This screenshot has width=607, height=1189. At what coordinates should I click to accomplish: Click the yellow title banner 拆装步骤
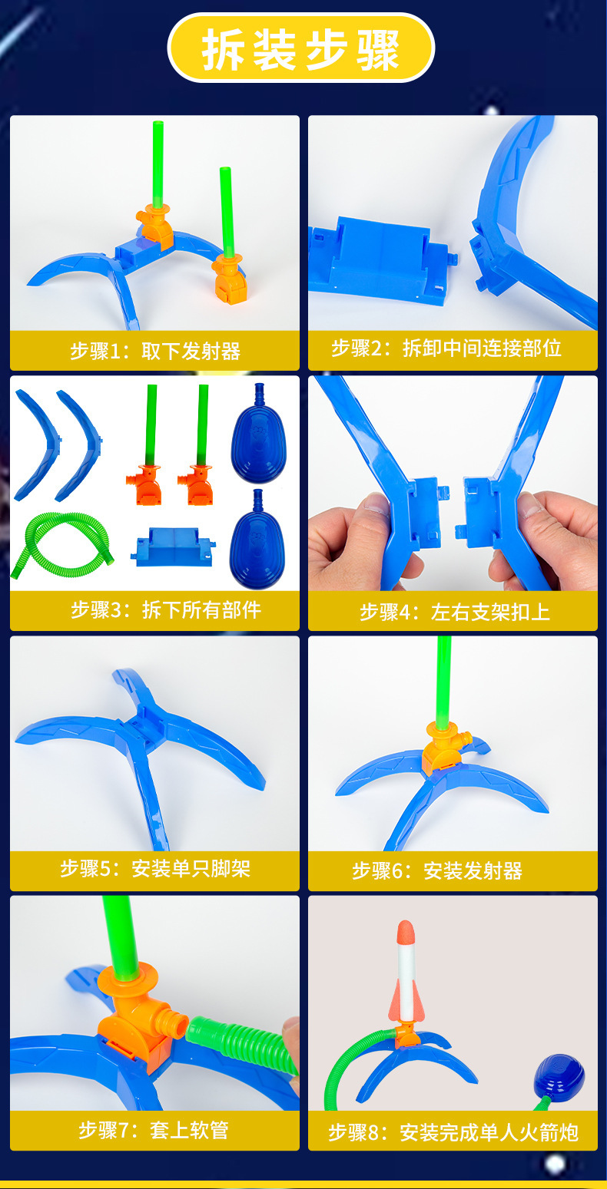(301, 49)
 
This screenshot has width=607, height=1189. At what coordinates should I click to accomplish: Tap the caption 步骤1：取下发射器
(155, 352)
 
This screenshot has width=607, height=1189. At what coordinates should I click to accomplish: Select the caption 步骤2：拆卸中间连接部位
(446, 348)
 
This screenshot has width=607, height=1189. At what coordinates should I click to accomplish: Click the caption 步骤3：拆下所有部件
(166, 609)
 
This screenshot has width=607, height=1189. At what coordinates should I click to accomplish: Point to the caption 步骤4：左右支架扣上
(454, 612)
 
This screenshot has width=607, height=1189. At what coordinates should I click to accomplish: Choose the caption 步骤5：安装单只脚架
(155, 869)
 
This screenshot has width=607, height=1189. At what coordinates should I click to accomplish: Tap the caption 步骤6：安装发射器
(437, 870)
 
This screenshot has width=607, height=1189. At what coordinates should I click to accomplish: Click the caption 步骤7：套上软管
(154, 1130)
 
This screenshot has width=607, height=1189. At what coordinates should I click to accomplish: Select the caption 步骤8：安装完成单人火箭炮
(453, 1131)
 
